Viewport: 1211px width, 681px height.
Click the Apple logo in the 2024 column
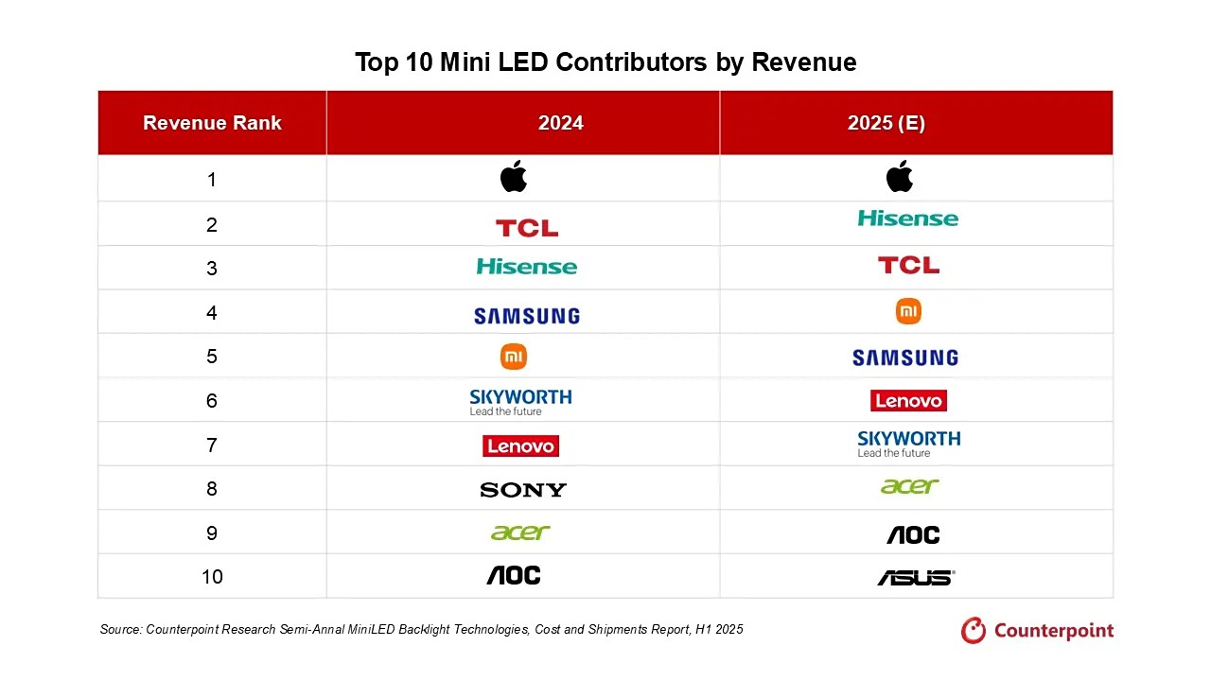pos(514,177)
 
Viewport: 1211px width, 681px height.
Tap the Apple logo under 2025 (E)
pos(900,176)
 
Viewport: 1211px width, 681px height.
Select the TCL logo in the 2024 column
pos(527,228)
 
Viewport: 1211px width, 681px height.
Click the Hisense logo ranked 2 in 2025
pos(907,218)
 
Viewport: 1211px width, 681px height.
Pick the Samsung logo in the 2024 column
pos(527,316)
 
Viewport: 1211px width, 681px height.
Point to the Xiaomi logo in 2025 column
pos(908,311)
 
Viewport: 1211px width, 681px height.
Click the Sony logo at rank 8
pos(523,490)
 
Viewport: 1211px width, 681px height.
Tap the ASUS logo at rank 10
pos(915,578)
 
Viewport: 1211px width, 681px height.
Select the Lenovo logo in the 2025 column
pos(908,401)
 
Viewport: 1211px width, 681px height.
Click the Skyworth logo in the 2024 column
pos(520,401)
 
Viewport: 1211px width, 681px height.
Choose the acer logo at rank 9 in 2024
pos(520,533)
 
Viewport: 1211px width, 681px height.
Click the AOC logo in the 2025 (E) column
pos(913,535)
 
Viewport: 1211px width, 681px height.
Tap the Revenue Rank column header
pos(212,123)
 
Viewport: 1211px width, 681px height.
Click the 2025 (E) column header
pos(886,123)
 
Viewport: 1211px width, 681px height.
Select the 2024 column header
pos(560,123)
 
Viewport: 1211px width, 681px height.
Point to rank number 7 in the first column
pos(212,445)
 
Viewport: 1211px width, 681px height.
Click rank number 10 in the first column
pos(212,577)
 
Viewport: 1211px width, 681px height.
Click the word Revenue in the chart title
pos(804,62)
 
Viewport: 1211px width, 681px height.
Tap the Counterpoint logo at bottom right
pos(1037,631)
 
